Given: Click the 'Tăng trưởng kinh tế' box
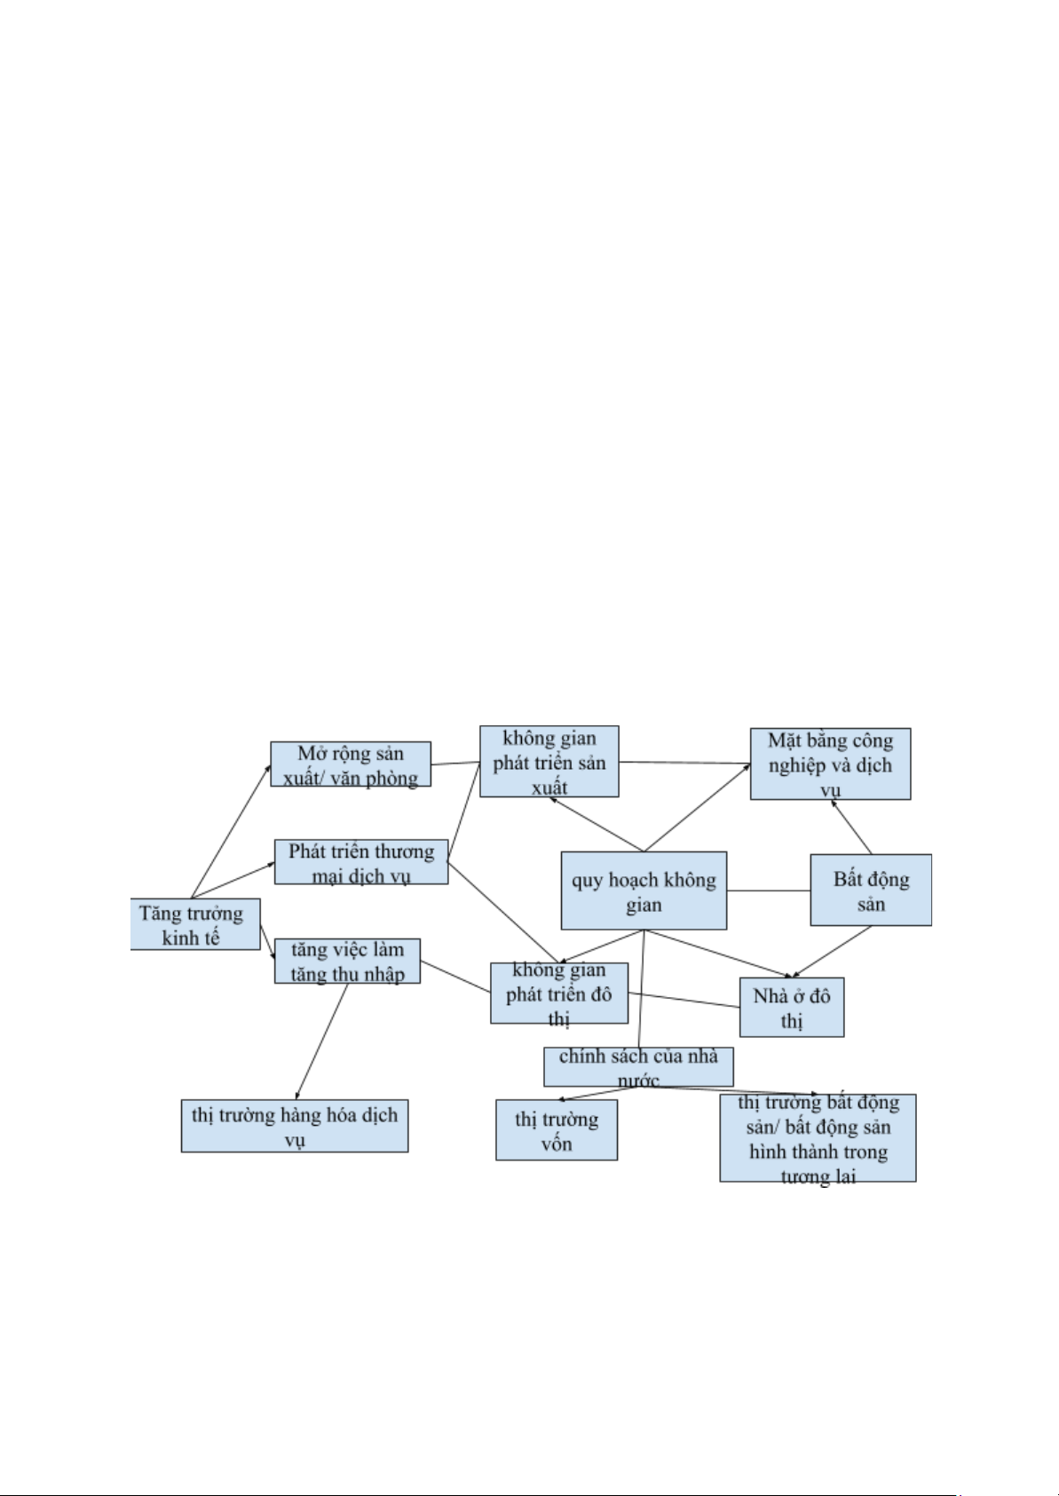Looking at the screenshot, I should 194,924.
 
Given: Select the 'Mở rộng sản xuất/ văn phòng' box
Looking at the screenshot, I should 351,764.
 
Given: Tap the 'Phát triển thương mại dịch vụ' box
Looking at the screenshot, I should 360,862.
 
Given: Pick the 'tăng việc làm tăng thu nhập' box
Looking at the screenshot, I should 347,961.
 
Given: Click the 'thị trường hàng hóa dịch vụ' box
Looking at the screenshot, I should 295,1125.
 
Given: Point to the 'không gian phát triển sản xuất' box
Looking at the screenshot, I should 549,761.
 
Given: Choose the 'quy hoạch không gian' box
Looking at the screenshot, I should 644,890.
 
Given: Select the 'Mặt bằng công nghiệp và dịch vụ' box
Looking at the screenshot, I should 830,764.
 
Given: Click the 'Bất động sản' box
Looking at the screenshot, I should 871,890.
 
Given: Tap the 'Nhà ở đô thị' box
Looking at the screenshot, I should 792,1007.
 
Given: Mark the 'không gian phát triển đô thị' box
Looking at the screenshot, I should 559,993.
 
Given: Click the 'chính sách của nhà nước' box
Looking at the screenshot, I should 638,1065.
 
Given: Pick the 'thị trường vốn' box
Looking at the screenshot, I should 557,1129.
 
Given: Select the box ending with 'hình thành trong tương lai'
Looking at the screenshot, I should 818,1137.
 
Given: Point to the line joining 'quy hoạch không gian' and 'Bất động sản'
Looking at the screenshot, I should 768,890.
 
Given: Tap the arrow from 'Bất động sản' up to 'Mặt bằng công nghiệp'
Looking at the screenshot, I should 852,827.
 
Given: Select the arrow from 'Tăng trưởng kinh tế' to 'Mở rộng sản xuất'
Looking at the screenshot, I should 231,830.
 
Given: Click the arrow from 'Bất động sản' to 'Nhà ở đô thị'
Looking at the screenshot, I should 832,952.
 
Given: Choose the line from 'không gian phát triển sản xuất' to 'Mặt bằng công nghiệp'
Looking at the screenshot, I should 684,762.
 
